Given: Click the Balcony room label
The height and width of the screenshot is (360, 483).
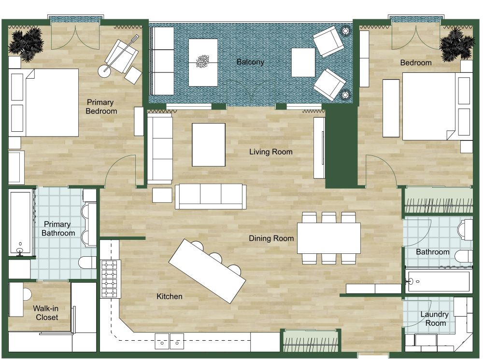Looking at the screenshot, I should (250, 62).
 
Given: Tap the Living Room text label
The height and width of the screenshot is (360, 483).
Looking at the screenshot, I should (270, 152).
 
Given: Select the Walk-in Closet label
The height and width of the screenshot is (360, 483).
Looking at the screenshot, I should (46, 313).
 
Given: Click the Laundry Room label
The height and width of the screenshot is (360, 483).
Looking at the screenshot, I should (434, 318).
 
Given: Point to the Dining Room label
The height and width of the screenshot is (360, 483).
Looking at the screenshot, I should (271, 238).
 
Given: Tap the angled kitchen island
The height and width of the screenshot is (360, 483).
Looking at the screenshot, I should (207, 271).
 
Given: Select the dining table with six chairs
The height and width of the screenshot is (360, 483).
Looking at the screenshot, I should (328, 238).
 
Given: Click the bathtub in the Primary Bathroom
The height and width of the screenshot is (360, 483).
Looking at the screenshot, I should (20, 222).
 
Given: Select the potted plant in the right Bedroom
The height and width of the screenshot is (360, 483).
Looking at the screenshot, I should (457, 43).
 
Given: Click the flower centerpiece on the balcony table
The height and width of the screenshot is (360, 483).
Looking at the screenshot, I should (202, 61).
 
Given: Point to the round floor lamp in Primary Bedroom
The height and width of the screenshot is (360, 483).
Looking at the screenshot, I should (104, 71).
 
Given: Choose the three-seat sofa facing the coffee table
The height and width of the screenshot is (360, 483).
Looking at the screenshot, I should (211, 196).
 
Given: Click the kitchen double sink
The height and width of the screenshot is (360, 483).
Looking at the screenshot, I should (170, 341).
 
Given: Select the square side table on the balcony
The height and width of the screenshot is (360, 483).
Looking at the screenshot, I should (303, 62).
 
